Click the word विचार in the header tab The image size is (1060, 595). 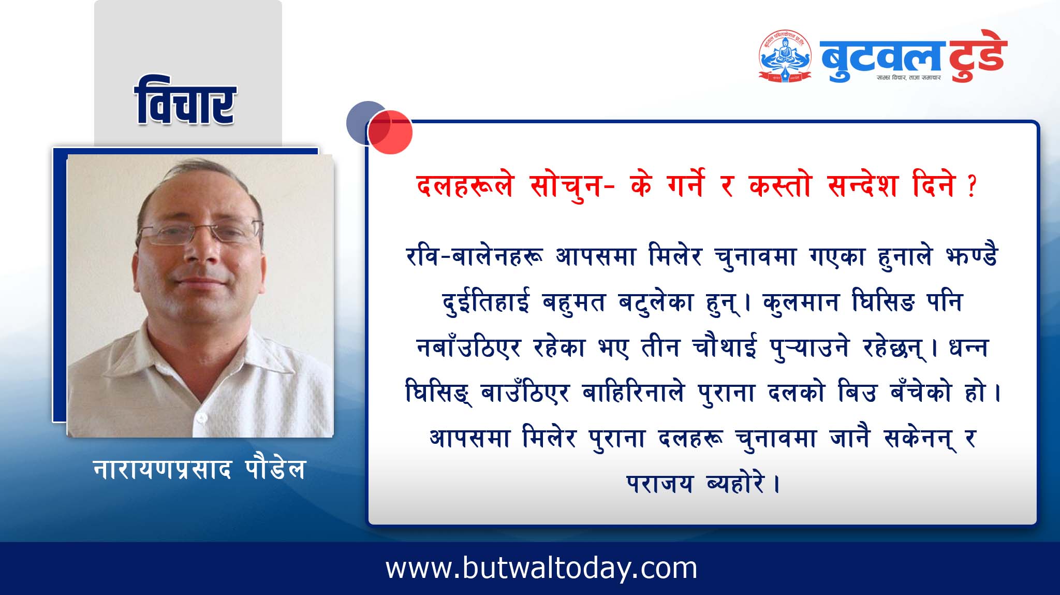(x=185, y=101)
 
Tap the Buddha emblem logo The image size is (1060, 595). (x=785, y=56)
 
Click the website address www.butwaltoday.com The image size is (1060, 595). (x=541, y=569)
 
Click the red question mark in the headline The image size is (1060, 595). (x=971, y=186)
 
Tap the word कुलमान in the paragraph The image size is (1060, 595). (x=801, y=301)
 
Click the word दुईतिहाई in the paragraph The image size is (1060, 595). (x=486, y=301)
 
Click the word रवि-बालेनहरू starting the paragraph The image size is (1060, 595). (x=475, y=257)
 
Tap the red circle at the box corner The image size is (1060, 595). (x=390, y=132)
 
